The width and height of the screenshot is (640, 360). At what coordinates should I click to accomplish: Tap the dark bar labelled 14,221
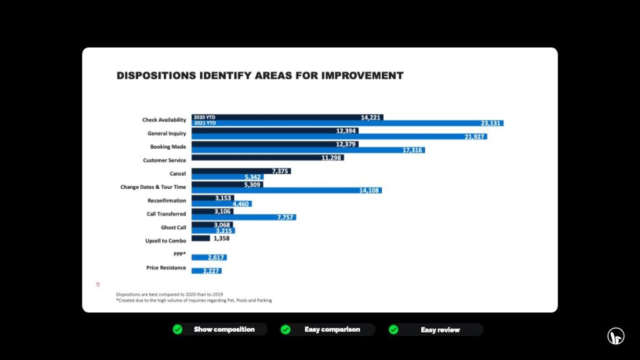point(287,117)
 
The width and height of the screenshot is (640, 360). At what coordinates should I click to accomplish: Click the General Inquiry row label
point(166,134)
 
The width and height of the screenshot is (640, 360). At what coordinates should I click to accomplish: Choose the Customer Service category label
point(164,160)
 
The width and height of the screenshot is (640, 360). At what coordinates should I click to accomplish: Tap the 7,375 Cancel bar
point(241,171)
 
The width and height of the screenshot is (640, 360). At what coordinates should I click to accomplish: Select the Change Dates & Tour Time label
point(153,187)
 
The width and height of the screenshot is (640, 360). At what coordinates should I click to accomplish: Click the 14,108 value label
point(369,191)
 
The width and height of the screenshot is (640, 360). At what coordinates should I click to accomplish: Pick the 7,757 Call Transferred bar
point(244,217)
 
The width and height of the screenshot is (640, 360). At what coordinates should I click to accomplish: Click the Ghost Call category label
point(173,227)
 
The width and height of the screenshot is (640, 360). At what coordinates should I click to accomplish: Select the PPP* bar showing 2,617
point(209,257)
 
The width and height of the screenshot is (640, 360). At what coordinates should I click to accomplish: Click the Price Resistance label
point(166,267)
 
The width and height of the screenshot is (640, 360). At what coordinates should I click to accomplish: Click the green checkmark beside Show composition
point(177,329)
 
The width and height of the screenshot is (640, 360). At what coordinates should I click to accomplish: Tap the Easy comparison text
point(332,329)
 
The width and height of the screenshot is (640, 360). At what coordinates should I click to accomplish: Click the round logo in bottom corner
point(616,336)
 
